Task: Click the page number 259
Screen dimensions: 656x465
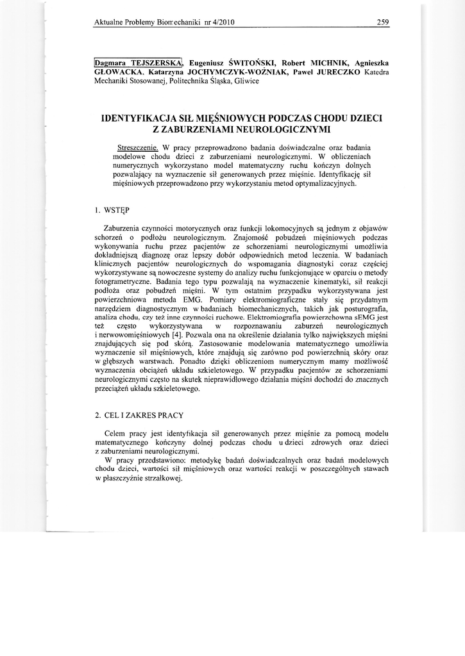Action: (x=384, y=22)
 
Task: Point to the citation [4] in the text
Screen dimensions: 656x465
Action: (x=176, y=335)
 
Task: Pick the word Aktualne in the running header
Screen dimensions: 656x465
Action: (x=108, y=22)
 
